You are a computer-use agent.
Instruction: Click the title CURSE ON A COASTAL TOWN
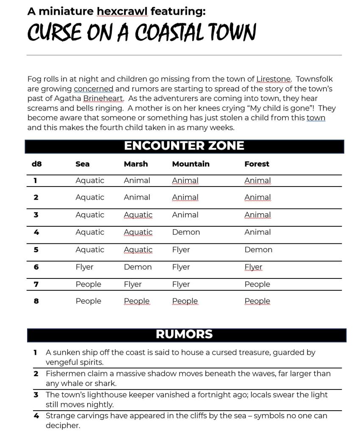(141, 32)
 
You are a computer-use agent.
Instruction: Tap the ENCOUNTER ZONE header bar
(184, 146)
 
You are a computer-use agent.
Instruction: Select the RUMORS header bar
(184, 334)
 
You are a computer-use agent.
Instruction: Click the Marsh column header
(136, 164)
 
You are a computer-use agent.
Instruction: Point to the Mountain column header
(191, 164)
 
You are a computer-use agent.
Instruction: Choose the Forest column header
(257, 164)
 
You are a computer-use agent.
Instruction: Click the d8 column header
(36, 164)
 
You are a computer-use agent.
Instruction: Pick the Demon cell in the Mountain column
(186, 232)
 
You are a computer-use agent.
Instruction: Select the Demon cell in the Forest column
(258, 250)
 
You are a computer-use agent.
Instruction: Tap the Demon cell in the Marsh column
(138, 267)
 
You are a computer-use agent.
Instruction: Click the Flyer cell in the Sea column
(84, 267)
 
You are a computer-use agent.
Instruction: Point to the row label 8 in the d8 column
(36, 301)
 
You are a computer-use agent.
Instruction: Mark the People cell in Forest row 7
(257, 284)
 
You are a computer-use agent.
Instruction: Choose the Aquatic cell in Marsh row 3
(138, 215)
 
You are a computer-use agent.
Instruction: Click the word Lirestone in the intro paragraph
(274, 79)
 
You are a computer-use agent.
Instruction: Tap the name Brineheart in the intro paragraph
(103, 99)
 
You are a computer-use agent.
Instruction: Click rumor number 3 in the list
(36, 395)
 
